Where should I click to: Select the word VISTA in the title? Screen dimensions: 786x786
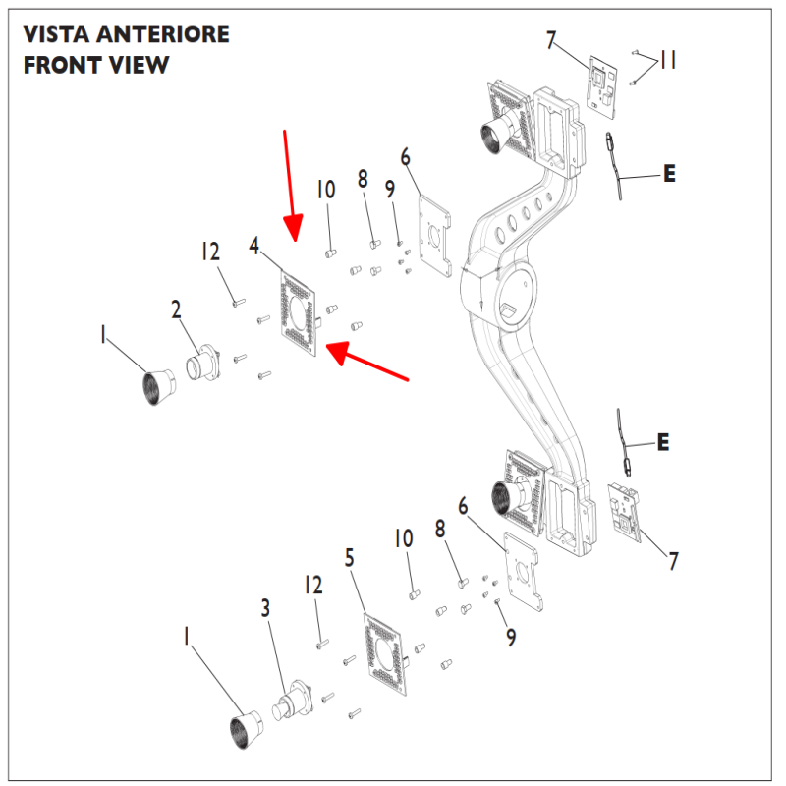(x=57, y=34)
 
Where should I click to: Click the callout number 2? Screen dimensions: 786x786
(x=176, y=309)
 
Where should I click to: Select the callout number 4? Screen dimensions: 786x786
(x=254, y=245)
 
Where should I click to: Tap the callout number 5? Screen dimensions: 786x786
(x=349, y=557)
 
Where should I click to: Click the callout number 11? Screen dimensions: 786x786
(x=668, y=61)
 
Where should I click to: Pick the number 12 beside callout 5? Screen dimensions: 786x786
(x=312, y=586)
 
